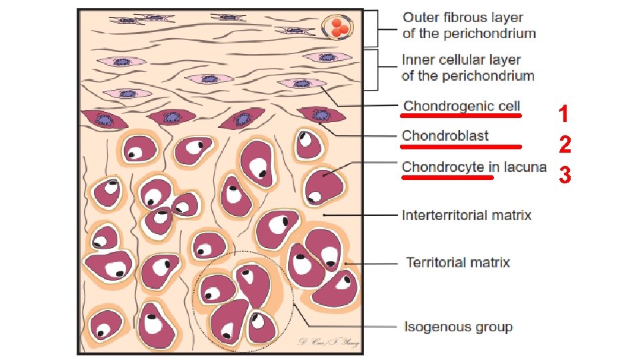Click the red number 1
564,114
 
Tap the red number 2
565,145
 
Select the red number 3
565,175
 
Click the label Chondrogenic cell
462,105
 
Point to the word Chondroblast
445,136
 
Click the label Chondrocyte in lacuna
474,167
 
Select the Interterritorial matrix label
467,215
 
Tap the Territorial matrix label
458,262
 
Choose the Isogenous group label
459,327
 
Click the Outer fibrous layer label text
463,18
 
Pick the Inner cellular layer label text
461,59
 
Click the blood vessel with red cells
337,27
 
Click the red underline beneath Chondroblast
461,145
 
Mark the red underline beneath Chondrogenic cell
462,115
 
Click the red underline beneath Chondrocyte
447,177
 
